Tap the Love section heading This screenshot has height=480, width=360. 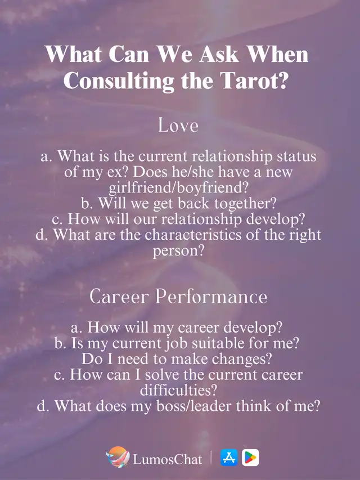click(178, 125)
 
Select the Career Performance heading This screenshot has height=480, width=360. click(178, 297)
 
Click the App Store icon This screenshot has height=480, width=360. click(229, 457)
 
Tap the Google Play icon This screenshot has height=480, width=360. click(250, 457)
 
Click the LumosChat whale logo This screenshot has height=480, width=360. click(118, 457)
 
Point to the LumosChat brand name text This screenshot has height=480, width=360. click(167, 459)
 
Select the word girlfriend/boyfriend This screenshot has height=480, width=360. click(178, 187)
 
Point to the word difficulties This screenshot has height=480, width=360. click(178, 390)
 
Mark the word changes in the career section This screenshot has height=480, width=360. click(242, 359)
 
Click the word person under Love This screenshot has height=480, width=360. click(178, 251)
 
